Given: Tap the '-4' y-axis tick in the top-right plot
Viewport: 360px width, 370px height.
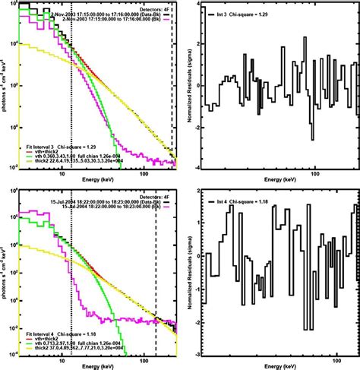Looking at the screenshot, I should [196, 168].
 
